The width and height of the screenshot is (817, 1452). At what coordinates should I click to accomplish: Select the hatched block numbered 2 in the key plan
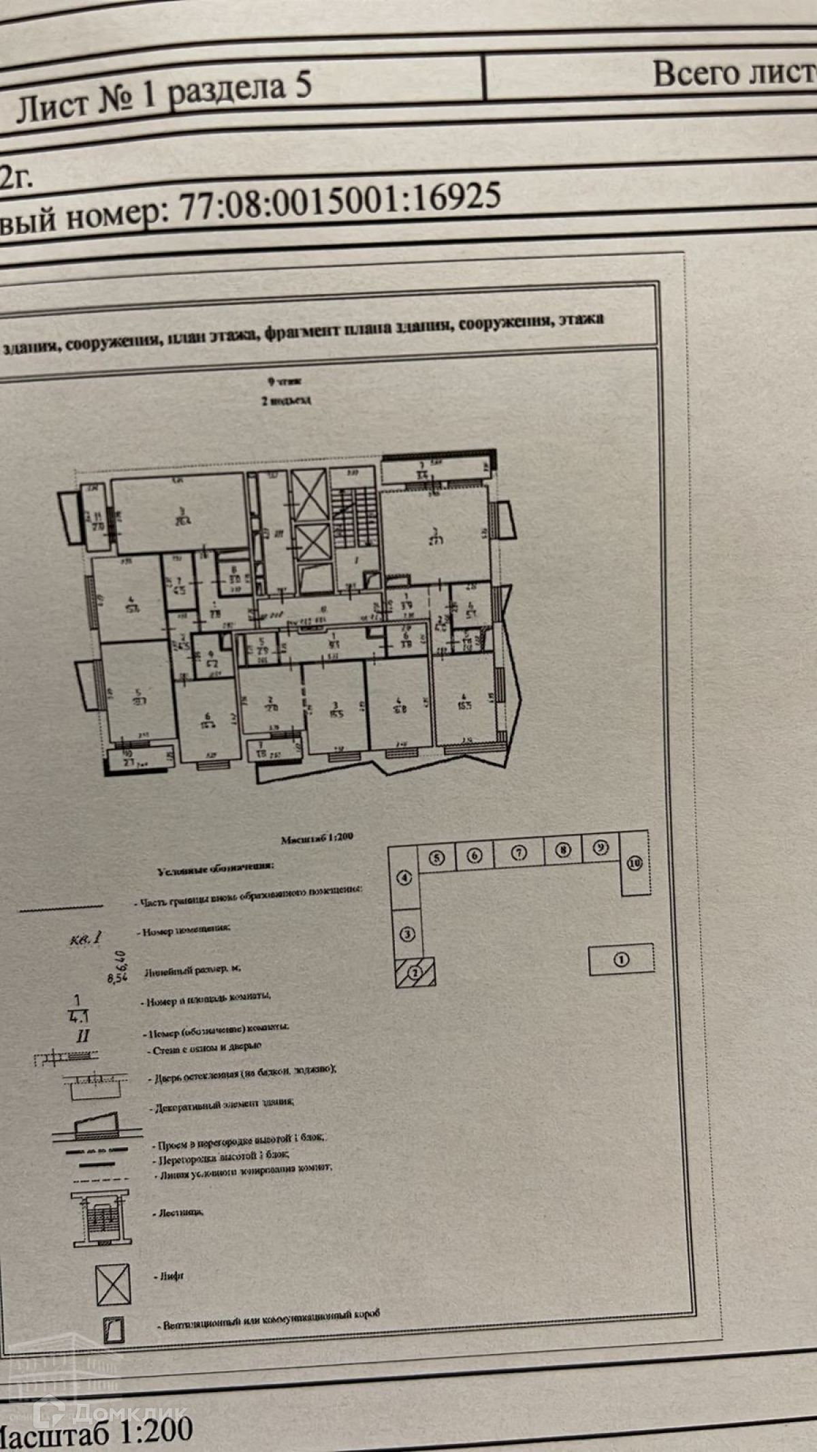[415, 972]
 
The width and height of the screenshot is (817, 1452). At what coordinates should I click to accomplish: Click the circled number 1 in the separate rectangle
[621, 959]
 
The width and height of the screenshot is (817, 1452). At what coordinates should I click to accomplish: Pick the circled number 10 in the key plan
[635, 863]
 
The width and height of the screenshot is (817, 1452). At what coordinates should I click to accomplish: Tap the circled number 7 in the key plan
[519, 852]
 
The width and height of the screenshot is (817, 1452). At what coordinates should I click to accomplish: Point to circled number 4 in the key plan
[405, 877]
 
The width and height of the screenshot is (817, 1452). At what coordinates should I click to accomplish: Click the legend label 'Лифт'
[171, 1276]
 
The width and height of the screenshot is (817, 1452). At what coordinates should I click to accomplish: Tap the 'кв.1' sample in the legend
[86, 939]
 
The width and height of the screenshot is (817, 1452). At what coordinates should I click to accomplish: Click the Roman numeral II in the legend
[83, 1037]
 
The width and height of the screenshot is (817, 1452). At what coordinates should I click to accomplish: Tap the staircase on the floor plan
[353, 507]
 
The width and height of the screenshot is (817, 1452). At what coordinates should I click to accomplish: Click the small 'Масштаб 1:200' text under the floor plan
[317, 839]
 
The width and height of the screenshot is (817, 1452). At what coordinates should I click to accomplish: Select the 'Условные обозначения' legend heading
[216, 869]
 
